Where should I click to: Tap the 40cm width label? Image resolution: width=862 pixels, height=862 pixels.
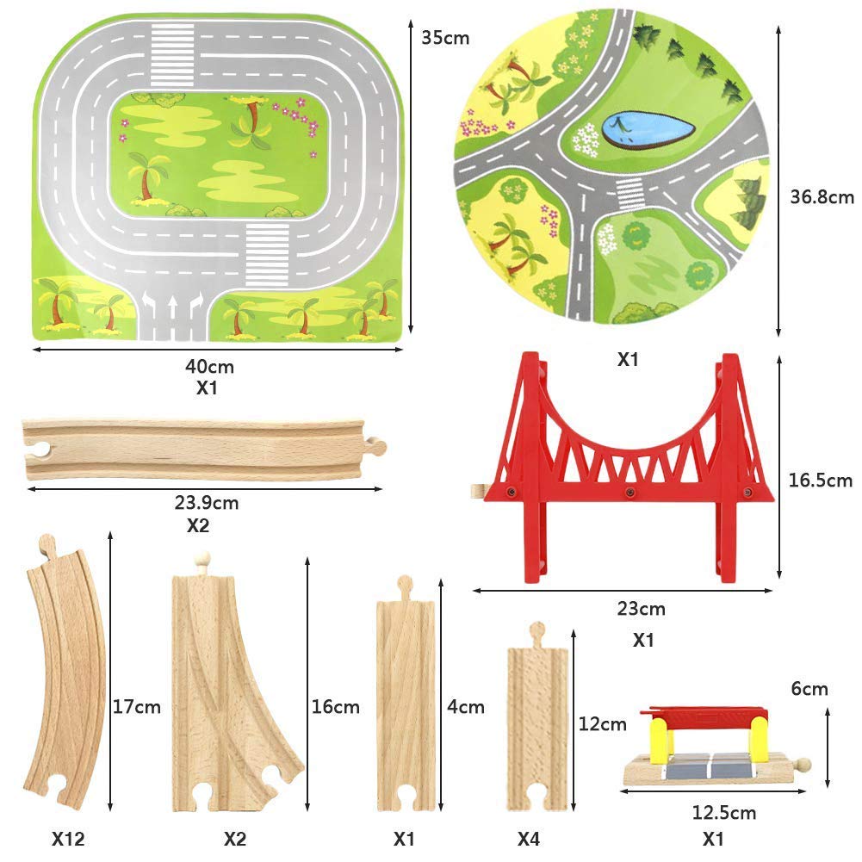209,366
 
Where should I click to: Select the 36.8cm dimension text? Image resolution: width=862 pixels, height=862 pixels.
822,197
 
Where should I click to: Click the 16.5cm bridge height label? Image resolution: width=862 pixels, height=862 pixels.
820,481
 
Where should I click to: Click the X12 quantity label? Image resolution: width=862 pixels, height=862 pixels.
68,839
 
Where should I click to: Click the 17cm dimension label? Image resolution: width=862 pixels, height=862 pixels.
137,707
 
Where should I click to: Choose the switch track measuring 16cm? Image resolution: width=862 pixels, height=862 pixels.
233,689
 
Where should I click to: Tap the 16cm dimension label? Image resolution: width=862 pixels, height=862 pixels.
335,707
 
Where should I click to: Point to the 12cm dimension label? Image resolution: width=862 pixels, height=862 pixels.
602,724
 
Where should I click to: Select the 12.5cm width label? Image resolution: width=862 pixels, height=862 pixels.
722,812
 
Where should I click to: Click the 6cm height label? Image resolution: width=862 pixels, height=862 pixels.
810,688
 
